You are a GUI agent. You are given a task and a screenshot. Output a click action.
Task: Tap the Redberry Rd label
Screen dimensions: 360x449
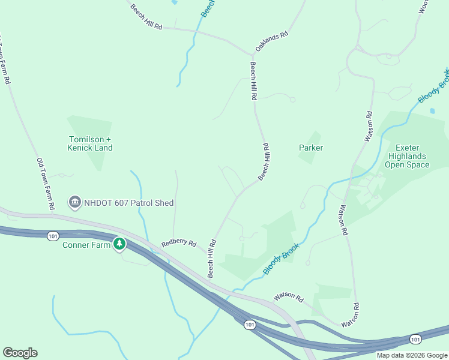179,244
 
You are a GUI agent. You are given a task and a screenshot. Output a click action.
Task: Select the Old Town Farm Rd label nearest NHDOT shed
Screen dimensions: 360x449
46,184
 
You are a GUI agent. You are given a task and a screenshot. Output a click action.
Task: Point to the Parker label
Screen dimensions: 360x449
311,148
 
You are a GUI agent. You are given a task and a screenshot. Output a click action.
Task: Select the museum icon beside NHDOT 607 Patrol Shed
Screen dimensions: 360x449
74,202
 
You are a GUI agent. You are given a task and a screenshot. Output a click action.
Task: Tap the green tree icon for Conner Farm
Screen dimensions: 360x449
120,244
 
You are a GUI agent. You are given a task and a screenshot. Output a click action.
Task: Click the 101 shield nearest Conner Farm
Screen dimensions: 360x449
53,236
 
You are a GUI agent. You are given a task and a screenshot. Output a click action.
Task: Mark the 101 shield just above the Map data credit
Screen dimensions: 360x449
415,340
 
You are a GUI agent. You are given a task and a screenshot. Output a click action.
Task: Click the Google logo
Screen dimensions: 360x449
20,352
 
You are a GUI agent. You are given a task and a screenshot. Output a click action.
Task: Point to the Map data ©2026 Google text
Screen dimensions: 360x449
412,355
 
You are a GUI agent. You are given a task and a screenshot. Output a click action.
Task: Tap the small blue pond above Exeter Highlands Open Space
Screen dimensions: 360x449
432,111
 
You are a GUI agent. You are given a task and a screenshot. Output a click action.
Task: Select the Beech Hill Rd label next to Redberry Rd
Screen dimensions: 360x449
211,259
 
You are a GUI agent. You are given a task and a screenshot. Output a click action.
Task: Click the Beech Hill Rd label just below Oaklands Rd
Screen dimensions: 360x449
254,80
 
